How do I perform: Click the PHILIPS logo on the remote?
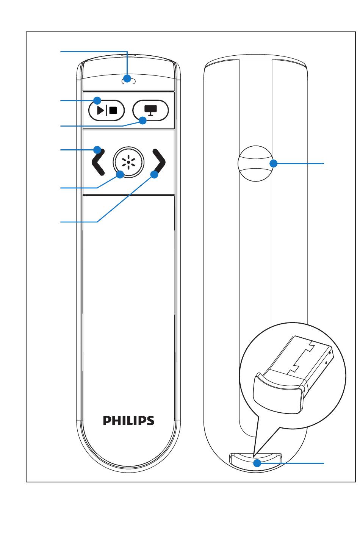(x=129, y=420)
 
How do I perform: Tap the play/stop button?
(x=106, y=110)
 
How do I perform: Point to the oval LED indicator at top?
(x=129, y=79)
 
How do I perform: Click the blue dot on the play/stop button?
(x=97, y=100)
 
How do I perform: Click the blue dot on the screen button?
(x=143, y=121)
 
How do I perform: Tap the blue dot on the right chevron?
(x=154, y=174)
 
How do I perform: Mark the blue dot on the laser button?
(x=120, y=174)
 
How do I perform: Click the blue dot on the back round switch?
(x=274, y=163)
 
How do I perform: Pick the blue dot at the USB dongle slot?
(x=257, y=463)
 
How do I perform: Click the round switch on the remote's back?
(x=255, y=163)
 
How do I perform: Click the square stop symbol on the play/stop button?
(x=113, y=110)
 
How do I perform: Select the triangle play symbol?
(x=100, y=110)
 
